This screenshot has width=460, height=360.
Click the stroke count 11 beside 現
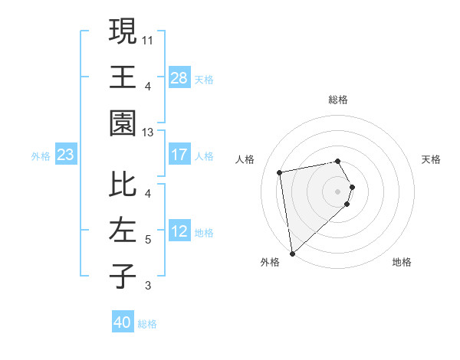tap(148, 38)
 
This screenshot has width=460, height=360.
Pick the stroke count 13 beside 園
tap(148, 133)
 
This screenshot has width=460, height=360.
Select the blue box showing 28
tap(179, 77)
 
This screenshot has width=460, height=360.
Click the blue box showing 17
tap(179, 155)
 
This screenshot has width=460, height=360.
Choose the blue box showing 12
tap(179, 231)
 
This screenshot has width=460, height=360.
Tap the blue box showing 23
tap(66, 155)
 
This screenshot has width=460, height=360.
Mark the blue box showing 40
tap(123, 322)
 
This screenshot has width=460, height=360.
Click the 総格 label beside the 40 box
tap(147, 324)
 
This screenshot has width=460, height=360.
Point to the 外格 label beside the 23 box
tap(41, 156)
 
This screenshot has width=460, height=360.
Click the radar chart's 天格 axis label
tap(431, 159)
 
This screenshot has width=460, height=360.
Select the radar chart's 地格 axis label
tap(402, 262)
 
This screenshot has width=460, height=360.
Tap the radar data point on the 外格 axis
tap(292, 254)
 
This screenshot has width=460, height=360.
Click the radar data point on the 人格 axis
tap(280, 172)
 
